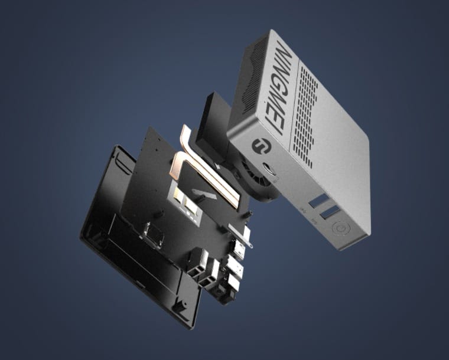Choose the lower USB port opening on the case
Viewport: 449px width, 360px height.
click(x=331, y=211)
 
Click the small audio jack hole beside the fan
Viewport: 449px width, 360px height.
click(x=276, y=167)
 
